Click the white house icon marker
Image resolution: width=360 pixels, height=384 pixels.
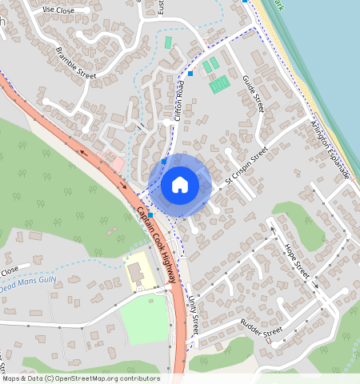pos(180,185)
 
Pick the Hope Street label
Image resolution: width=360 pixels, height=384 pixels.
pos(297,261)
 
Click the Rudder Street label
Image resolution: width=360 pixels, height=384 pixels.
pos(262,331)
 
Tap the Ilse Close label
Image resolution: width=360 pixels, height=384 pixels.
pos(58,10)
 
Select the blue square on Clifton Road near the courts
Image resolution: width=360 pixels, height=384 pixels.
pos(190,74)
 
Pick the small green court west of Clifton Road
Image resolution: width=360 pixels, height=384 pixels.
pos(168,42)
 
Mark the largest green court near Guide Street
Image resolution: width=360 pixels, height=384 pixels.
pos(219,83)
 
